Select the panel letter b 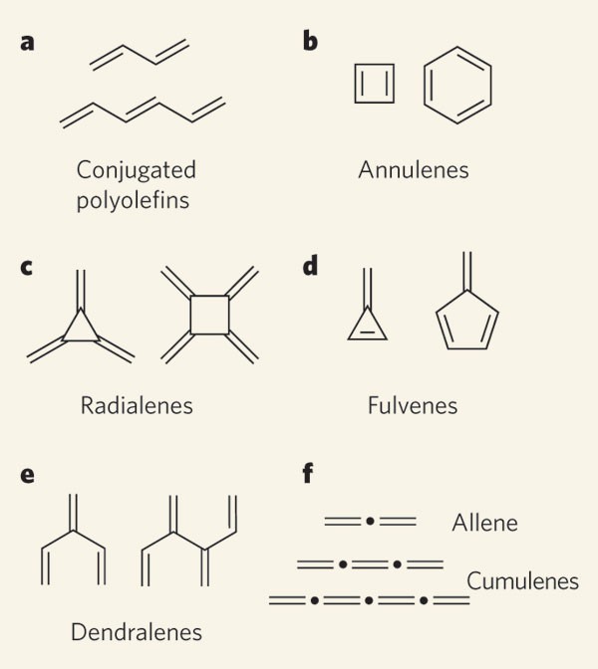pos(311,46)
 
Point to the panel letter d pos(311,267)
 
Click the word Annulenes pos(414,170)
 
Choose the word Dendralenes pos(137,631)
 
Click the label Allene pos(484,522)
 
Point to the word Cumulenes pos(523,580)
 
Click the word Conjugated pos(137,170)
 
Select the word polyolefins pos(137,199)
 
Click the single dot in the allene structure pos(370,521)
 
